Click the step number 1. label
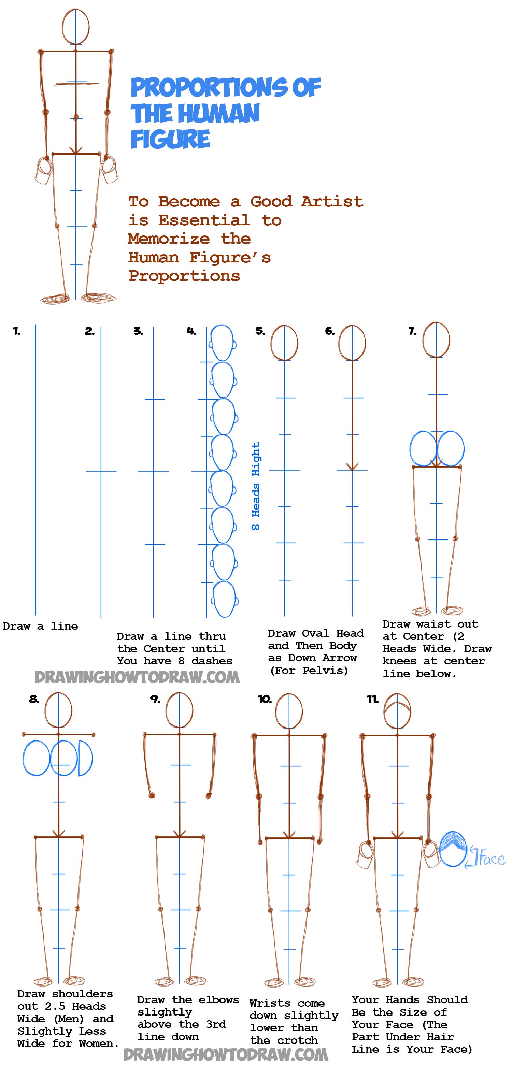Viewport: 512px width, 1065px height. (x=16, y=331)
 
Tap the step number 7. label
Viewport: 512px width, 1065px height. (x=412, y=331)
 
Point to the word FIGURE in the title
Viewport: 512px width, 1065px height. (x=170, y=139)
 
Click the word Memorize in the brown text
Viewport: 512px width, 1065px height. (x=169, y=239)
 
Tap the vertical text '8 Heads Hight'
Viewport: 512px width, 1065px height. (x=256, y=486)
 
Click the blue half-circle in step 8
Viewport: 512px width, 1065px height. (x=85, y=758)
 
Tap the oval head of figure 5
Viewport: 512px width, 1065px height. (x=284, y=343)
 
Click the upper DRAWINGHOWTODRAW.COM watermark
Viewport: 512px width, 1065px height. (x=137, y=677)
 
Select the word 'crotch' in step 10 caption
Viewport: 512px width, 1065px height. (x=297, y=1040)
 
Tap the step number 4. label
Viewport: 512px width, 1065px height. (x=191, y=331)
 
